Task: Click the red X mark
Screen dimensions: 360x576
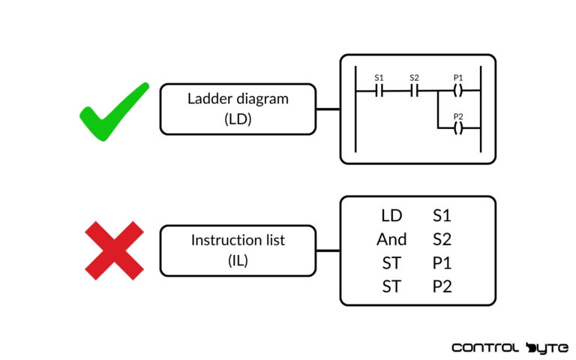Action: click(113, 250)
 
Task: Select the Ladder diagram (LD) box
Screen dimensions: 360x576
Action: click(237, 109)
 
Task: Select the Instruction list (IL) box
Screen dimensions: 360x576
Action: click(237, 250)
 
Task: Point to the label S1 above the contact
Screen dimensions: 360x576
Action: click(379, 77)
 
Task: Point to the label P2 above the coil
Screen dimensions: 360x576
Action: click(458, 115)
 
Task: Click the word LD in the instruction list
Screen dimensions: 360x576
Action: click(391, 216)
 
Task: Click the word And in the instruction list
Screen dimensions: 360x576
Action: click(391, 239)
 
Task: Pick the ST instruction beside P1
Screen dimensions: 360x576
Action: click(391, 262)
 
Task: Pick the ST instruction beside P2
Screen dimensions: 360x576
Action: click(391, 286)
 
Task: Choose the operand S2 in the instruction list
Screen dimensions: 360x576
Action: click(442, 239)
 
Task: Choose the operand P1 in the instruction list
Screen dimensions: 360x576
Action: click(442, 262)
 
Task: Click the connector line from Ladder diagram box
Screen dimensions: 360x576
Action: click(327, 109)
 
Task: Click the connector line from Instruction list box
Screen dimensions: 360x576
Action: click(327, 250)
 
